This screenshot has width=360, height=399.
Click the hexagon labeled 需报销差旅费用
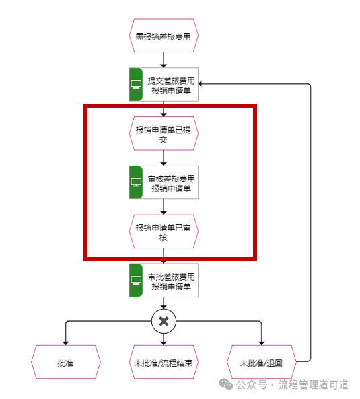pos(164,36)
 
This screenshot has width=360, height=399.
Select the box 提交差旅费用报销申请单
pos(164,84)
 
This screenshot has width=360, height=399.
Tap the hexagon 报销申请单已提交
pos(164,133)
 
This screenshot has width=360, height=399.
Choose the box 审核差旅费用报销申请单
pos(164,182)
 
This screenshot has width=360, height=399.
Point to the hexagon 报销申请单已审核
pos(164,231)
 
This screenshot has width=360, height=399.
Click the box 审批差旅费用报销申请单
pos(164,280)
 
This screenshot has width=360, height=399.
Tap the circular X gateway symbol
pos(164,321)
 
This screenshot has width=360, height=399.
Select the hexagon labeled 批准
pos(66,362)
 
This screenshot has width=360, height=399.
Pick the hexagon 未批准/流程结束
pos(164,362)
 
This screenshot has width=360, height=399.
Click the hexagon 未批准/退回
pos(262,362)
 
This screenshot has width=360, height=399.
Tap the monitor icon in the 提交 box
pos(136,84)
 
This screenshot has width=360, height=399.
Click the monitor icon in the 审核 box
pos(136,182)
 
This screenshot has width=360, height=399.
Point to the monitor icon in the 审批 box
pos(136,280)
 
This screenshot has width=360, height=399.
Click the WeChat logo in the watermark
pos(226,384)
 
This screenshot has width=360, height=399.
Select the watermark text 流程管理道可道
pos(313,384)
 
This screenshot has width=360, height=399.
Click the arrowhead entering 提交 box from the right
pos(201,84)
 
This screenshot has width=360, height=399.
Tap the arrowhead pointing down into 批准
pos(66,343)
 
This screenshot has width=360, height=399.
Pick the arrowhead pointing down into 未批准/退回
pos(262,343)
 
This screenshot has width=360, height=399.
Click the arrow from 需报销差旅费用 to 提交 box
pos(164,60)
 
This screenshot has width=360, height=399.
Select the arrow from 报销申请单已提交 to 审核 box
pos(164,158)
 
